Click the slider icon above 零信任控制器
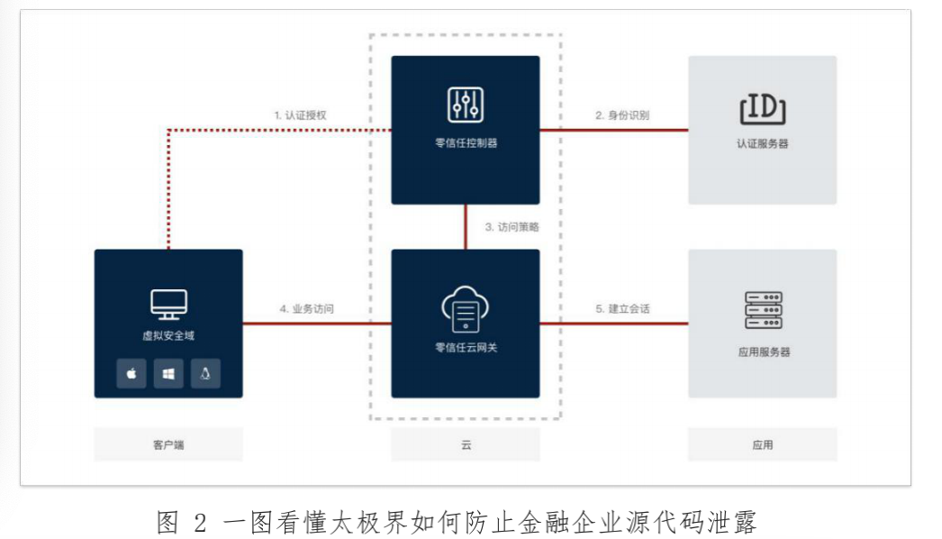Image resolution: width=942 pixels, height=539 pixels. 466,105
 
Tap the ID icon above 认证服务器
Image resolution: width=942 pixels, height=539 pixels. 763,108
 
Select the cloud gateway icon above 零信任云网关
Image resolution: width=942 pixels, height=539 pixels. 466,309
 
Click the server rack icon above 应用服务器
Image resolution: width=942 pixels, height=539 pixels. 763,310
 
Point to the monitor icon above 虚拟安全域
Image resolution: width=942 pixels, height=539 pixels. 168,305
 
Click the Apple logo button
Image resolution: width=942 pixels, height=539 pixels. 131,373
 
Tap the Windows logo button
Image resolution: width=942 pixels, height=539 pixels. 168,373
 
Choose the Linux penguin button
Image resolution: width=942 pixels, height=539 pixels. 205,373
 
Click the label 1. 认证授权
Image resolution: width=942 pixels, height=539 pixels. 301,114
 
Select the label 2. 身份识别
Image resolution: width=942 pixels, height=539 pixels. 622,114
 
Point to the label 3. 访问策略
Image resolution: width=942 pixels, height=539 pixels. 512,227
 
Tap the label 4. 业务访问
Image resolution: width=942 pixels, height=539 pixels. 306,308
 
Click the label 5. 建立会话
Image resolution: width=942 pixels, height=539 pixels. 622,308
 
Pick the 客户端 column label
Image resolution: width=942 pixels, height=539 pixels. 168,445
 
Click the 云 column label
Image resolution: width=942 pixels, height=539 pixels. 466,445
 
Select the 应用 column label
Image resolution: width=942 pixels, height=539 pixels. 763,445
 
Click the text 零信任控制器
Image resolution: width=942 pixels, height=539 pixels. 466,143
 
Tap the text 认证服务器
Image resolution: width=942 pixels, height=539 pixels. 763,144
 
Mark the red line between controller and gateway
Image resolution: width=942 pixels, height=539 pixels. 466,227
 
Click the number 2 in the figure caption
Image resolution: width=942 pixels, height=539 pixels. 200,522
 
